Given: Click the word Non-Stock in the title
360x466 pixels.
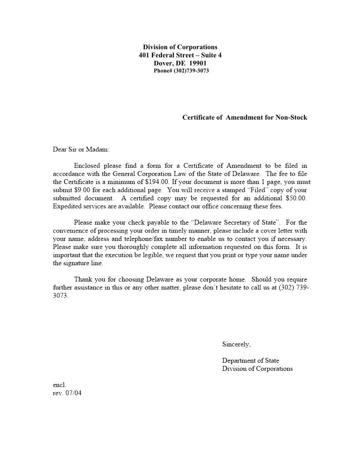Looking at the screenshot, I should coord(291,117).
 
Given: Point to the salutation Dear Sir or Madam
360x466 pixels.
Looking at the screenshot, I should coord(81,150).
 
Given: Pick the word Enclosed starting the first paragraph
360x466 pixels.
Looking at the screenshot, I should coord(87,166).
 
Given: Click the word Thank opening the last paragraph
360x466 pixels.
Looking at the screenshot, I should coord(82,279).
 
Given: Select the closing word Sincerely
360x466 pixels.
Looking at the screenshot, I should coord(236,344).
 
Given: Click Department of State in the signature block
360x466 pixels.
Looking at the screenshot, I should coord(251,361).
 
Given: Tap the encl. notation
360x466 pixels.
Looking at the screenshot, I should coord(60,385).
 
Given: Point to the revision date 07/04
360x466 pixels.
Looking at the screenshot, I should coord(73,393).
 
